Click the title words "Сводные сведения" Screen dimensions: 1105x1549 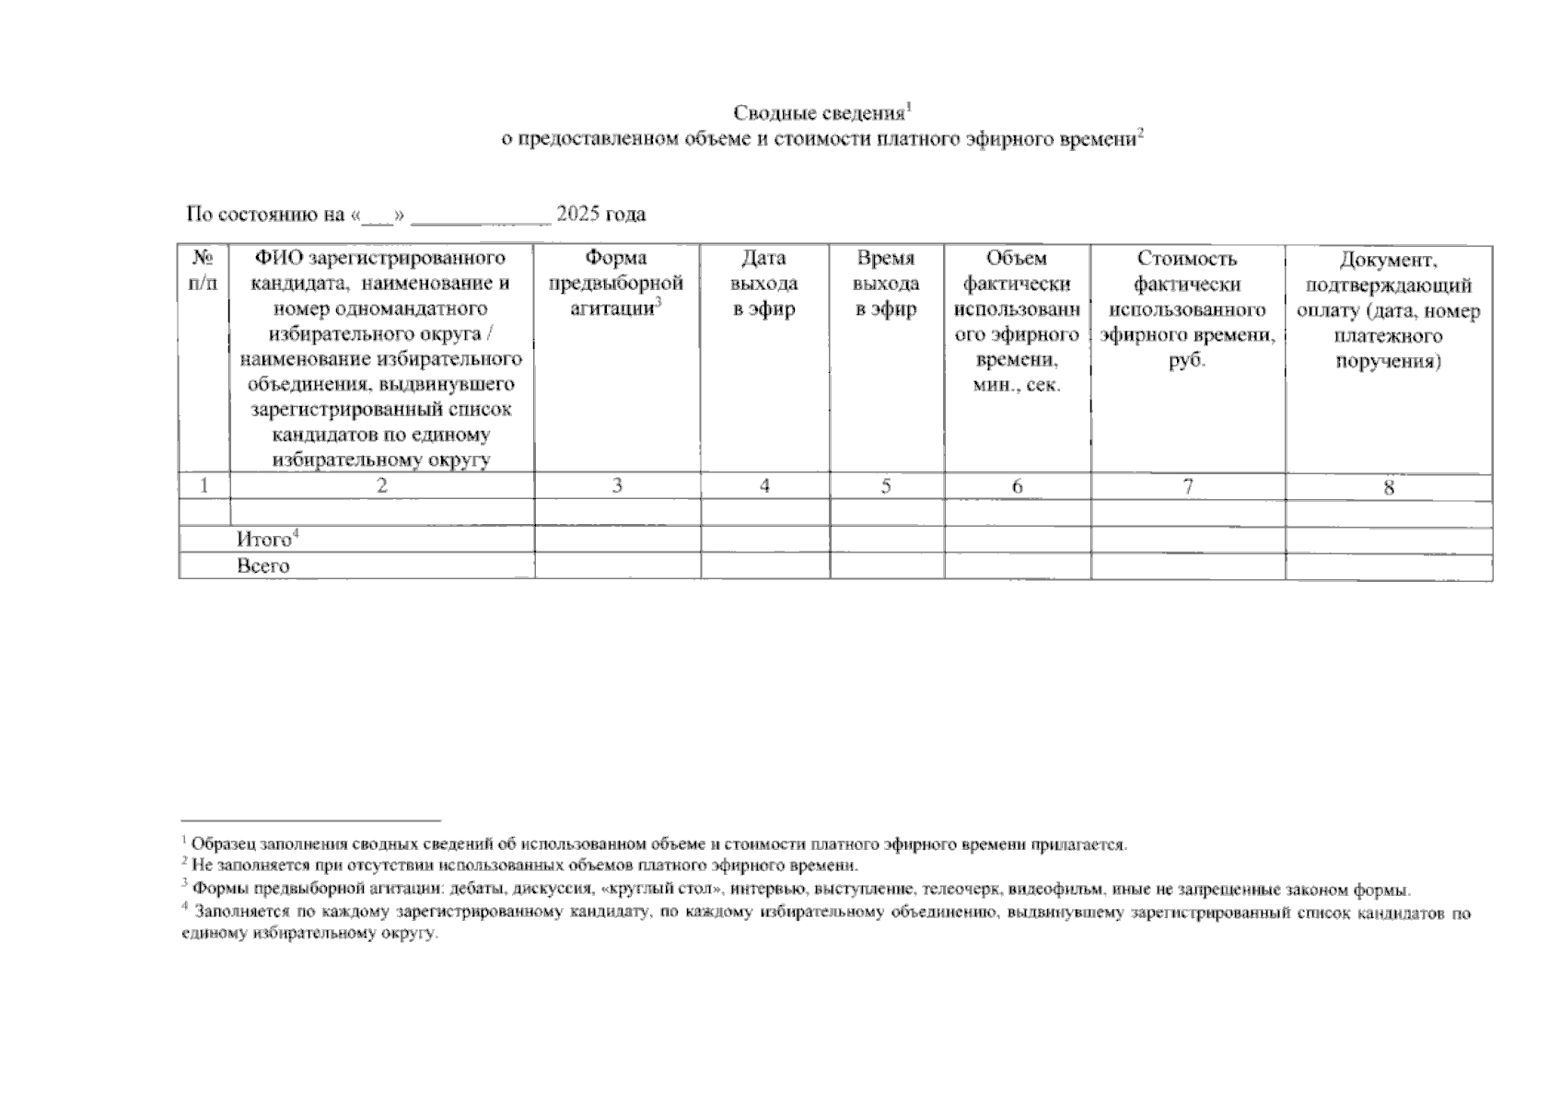click(x=818, y=113)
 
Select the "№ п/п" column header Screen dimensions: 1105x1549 click(x=204, y=271)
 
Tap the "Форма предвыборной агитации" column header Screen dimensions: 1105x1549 click(x=616, y=284)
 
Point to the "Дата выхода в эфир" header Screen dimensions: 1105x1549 click(x=764, y=284)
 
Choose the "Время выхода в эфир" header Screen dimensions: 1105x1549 click(x=886, y=284)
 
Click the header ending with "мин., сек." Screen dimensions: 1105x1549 click(x=1017, y=321)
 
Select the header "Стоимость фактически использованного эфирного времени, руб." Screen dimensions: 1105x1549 click(x=1187, y=309)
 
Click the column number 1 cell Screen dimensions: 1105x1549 click(x=204, y=485)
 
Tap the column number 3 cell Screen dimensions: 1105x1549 click(x=617, y=485)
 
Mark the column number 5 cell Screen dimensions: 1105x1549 click(x=886, y=485)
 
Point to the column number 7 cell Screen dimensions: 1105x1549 click(x=1188, y=485)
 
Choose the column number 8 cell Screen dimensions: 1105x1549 click(x=1389, y=487)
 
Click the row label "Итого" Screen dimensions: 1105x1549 click(x=263, y=540)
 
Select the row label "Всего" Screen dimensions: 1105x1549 click(x=262, y=565)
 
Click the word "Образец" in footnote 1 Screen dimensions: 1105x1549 click(x=224, y=843)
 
